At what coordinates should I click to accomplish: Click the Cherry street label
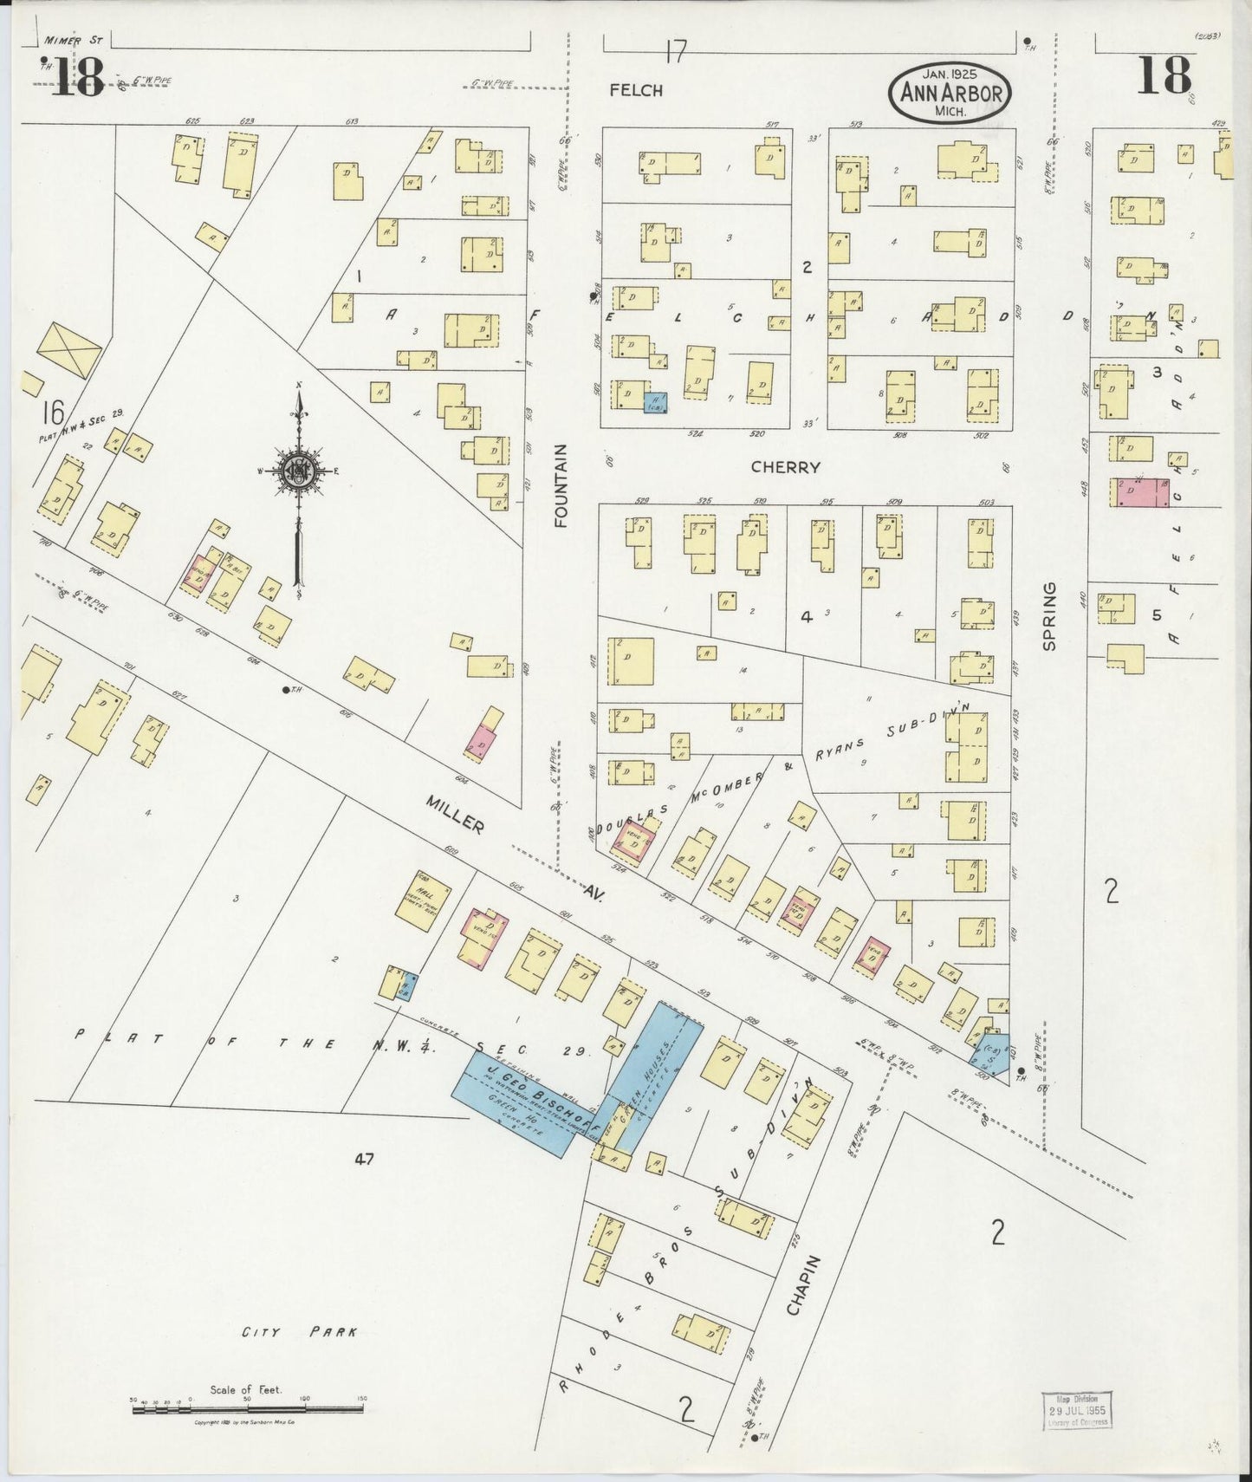(785, 467)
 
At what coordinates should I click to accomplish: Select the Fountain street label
(561, 485)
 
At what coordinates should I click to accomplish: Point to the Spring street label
(1049, 616)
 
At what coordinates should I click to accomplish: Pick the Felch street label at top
(635, 90)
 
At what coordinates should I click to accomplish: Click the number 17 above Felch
(676, 55)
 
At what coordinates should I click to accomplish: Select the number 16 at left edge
(52, 410)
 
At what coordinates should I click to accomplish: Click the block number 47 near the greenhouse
(363, 1159)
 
